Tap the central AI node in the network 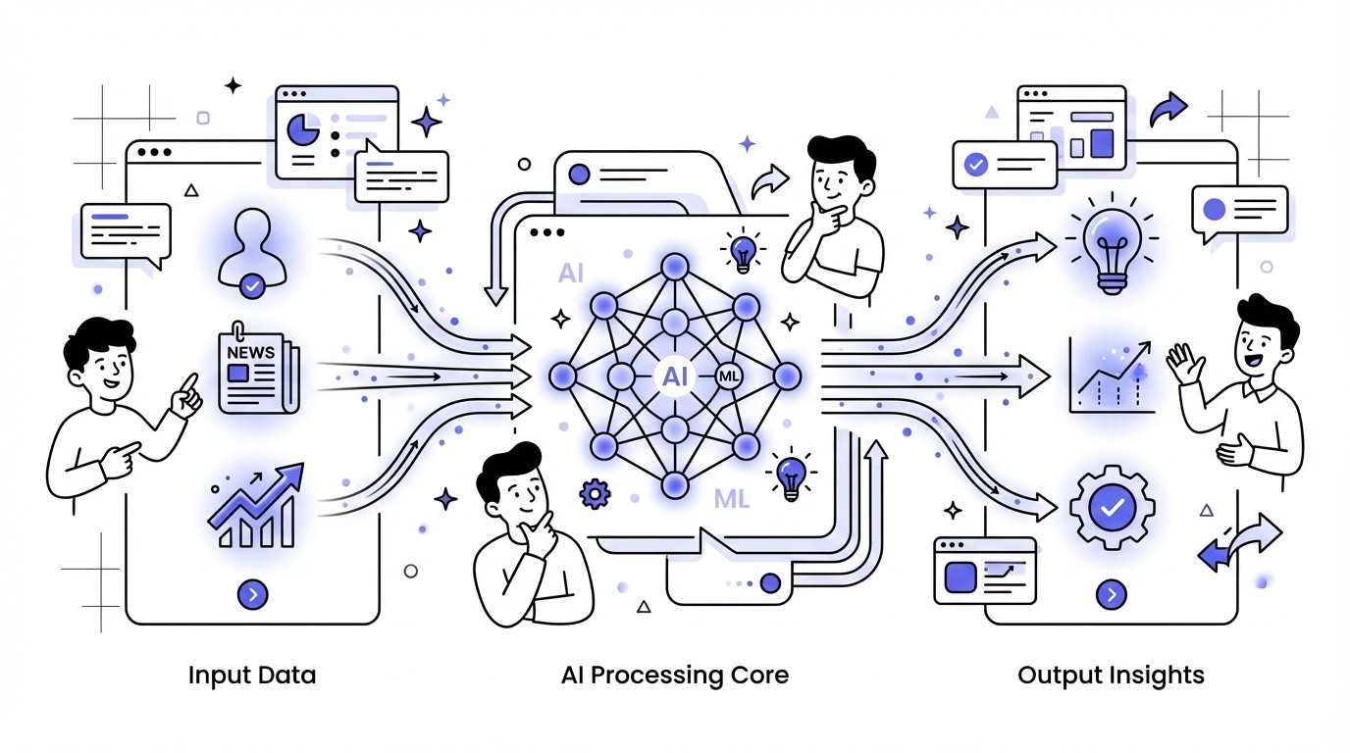(675, 376)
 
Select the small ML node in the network (730, 376)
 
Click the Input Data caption (252, 676)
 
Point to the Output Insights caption (1111, 676)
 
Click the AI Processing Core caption (675, 676)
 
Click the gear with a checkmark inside (1112, 507)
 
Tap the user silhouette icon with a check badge (251, 257)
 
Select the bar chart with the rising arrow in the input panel (253, 508)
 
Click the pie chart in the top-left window (302, 130)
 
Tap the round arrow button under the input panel (252, 594)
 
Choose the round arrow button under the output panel (1112, 594)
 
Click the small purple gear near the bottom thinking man (595, 493)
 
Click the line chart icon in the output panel (1112, 376)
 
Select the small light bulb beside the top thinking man (744, 251)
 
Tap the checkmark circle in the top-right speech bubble (976, 164)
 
